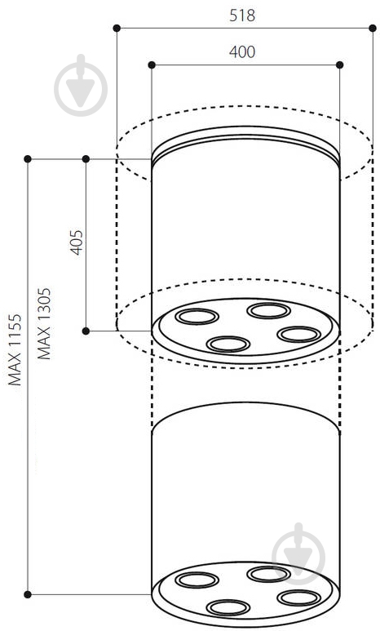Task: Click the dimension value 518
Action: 242,16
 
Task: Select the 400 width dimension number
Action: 242,52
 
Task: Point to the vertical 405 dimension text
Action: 77,242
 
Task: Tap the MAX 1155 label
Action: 15,350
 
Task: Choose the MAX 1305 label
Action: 44,323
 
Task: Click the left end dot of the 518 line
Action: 117,29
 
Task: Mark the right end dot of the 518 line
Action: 373,29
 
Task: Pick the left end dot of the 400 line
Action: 152,64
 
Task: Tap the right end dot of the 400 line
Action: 340,64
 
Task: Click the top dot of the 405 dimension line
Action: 86,159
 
